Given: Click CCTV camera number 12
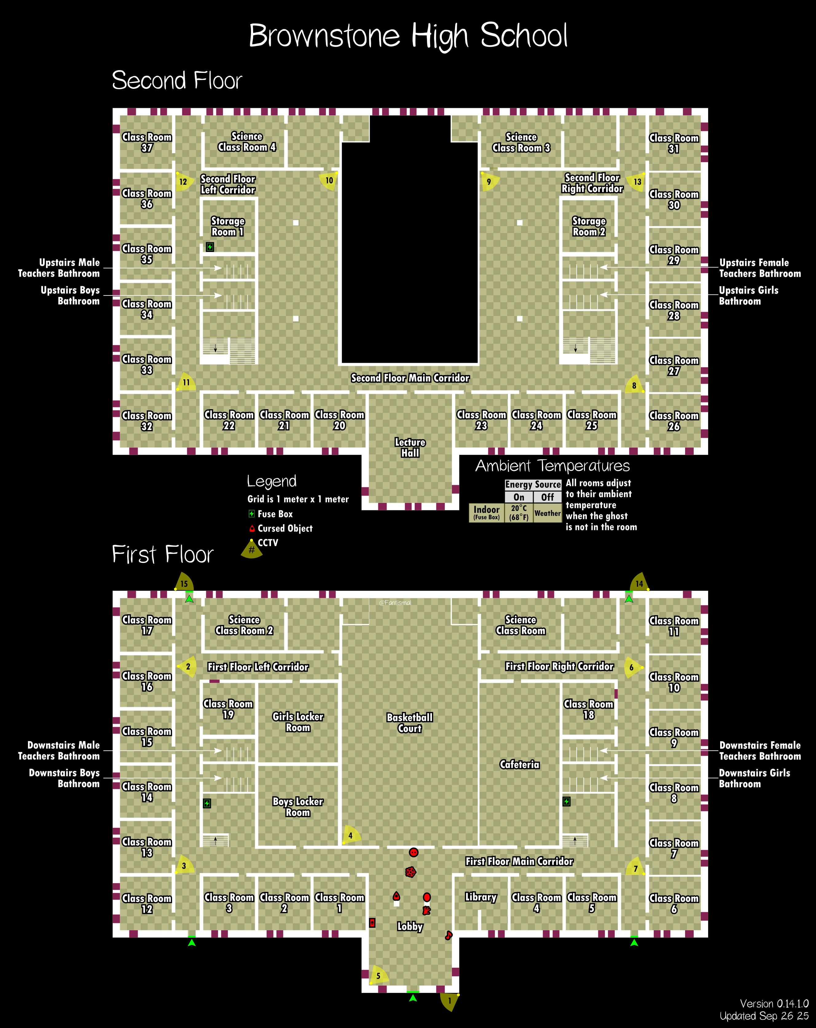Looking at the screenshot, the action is coord(183,182).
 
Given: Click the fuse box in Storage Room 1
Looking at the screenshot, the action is coord(210,247).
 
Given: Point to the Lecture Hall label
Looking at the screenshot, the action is coord(410,447).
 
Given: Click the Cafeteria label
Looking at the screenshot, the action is coord(520,764).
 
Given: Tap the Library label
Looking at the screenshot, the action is coord(481,897).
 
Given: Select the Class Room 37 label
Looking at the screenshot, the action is coord(147,142).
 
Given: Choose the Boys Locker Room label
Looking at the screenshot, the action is coord(298,807).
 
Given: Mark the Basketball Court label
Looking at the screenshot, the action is coord(410,722).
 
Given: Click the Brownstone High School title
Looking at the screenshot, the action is coord(409,35).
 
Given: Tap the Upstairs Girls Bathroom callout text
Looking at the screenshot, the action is coord(748,296).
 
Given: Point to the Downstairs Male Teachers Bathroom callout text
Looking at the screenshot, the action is coord(59,750).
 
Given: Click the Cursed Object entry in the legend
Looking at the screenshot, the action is coord(284,528).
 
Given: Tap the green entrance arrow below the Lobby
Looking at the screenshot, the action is coord(413,998).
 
